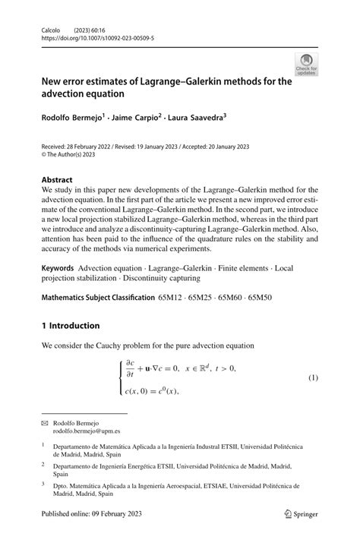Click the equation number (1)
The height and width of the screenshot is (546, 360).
coord(313,377)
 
